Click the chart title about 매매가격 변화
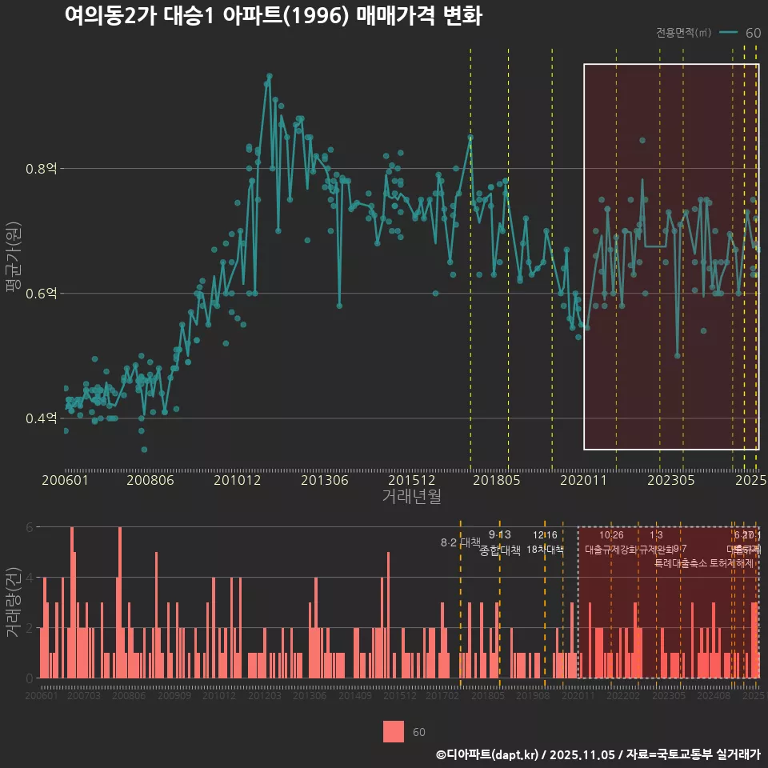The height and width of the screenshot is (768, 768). [273, 16]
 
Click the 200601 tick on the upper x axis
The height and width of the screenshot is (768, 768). [65, 480]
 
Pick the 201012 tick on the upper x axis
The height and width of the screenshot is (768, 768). [238, 480]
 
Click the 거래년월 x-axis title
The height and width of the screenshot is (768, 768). [411, 496]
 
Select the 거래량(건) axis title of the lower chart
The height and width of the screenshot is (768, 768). [13, 602]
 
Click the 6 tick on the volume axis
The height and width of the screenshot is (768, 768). [30, 527]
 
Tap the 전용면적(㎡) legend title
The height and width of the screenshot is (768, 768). [683, 33]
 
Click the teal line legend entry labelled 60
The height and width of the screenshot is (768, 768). [740, 33]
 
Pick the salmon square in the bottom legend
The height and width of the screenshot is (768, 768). [394, 731]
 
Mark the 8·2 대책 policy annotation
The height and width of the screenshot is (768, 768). [460, 542]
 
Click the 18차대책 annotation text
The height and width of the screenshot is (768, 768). [545, 550]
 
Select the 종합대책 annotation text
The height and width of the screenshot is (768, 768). [500, 550]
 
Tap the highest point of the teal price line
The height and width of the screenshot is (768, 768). [269, 76]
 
